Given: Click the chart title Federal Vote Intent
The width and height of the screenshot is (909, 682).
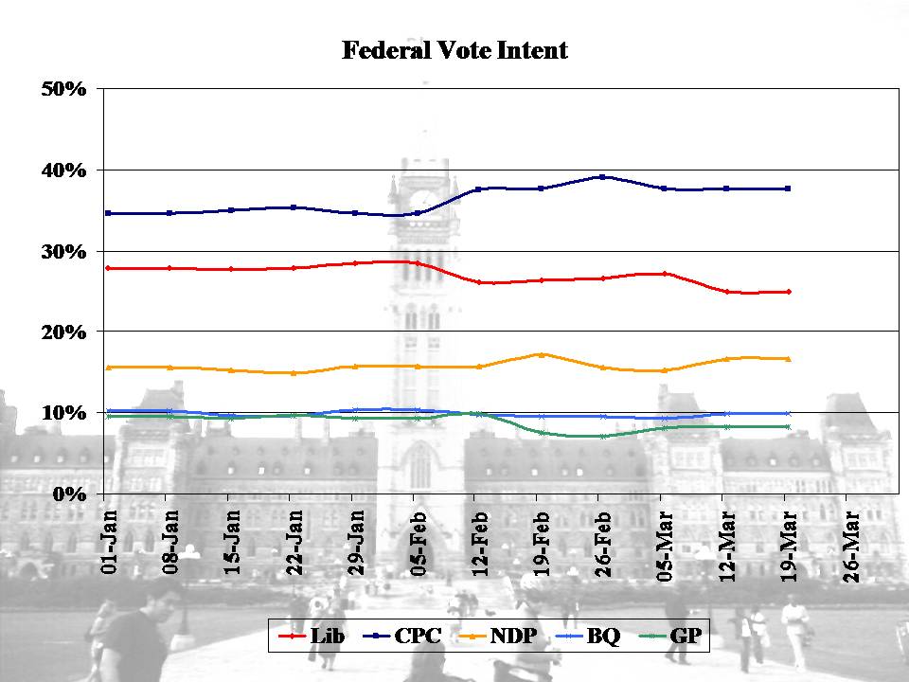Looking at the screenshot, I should [x=454, y=51].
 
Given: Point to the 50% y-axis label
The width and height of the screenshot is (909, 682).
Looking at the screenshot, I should [x=63, y=89].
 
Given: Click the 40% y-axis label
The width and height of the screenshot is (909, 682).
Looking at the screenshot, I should [x=63, y=170].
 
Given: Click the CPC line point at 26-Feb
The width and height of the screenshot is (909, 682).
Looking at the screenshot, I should [x=602, y=177].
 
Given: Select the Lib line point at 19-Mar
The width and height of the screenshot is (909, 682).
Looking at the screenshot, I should [x=788, y=292].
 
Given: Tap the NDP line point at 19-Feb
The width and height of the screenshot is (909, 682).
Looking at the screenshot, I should [x=541, y=354].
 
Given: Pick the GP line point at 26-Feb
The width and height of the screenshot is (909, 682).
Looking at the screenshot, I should [x=602, y=436].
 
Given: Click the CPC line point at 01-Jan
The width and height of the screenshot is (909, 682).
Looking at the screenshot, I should [x=109, y=213].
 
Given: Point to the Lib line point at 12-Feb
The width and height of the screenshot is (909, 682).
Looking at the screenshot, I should [x=479, y=282].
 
